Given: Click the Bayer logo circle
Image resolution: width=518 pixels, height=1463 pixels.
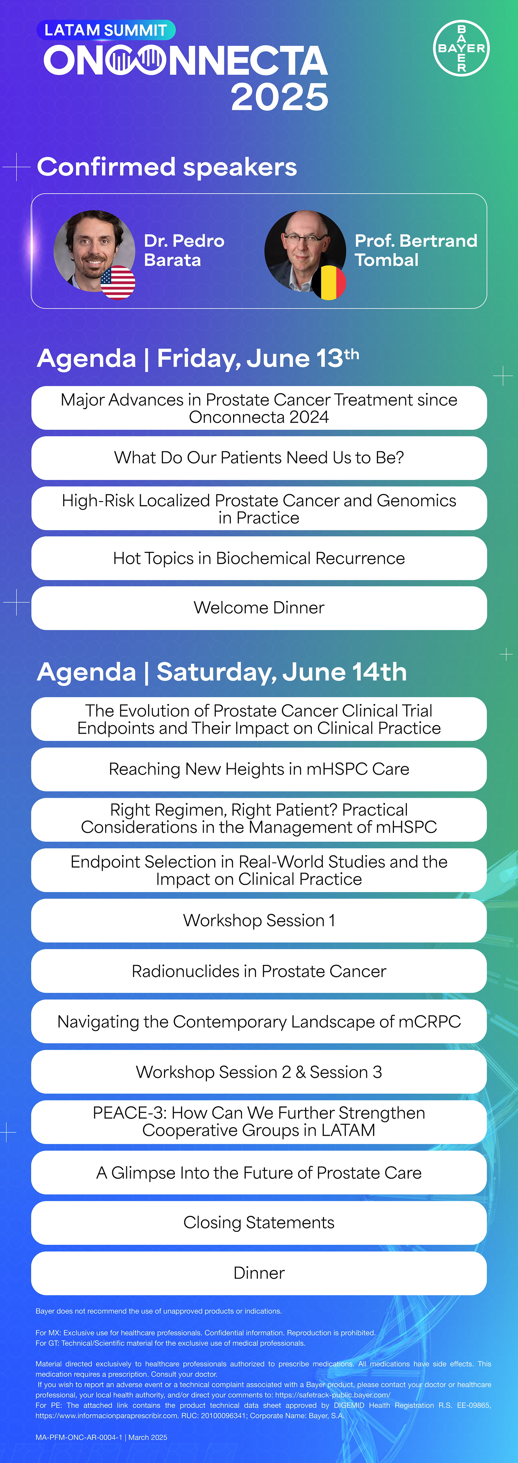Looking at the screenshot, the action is tap(461, 48).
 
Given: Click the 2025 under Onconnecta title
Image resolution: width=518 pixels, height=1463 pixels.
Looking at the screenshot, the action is tap(280, 97).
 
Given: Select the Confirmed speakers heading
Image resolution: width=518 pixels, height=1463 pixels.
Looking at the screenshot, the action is tap(167, 167).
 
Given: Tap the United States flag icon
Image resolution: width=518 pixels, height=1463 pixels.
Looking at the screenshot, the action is tap(118, 282).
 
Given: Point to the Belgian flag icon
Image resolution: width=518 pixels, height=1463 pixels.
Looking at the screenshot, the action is tap(329, 282).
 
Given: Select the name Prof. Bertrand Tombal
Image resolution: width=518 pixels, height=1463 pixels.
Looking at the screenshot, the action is tap(416, 251).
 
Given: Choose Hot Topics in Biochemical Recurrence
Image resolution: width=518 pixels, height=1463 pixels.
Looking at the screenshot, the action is tap(259, 558).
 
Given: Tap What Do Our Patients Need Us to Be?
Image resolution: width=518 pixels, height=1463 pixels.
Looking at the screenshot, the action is tap(259, 458).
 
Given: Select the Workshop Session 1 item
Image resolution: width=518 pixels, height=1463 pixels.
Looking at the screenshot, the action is tap(259, 921).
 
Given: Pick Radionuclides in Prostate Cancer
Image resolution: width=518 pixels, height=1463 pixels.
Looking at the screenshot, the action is tap(259, 971).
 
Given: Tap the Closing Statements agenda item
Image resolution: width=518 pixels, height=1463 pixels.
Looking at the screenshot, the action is tap(259, 1223).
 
